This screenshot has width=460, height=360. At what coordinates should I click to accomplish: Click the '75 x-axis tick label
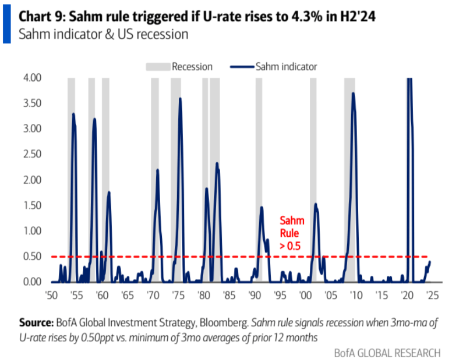click(x=178, y=294)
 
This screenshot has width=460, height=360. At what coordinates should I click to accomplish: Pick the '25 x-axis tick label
click(x=432, y=294)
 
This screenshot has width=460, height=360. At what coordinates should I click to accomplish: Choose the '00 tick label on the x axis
click(x=305, y=294)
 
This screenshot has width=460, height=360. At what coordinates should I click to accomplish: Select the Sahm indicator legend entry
click(x=286, y=67)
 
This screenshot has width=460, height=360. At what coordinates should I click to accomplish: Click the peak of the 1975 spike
click(x=180, y=99)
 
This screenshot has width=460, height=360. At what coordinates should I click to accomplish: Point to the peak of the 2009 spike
click(x=353, y=94)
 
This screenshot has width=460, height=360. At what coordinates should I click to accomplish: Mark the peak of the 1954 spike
click(x=73, y=114)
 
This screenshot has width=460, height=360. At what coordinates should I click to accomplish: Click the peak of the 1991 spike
click(x=261, y=208)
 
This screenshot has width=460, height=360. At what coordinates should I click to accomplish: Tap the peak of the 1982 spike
click(x=217, y=163)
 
